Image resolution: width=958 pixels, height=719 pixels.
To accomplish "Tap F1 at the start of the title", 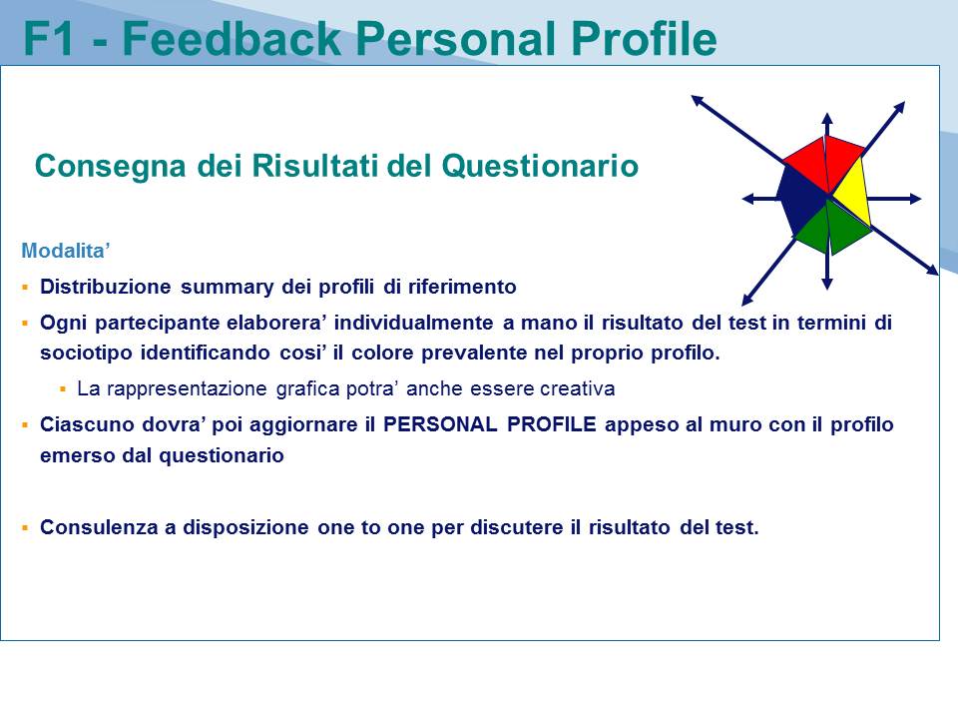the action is pyautogui.click(x=49, y=39).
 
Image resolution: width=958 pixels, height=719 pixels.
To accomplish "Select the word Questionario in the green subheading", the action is pyautogui.click(x=540, y=166).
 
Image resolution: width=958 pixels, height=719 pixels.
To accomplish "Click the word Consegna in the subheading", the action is pyautogui.click(x=110, y=167).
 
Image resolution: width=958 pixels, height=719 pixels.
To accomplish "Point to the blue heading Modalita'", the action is pyautogui.click(x=66, y=251).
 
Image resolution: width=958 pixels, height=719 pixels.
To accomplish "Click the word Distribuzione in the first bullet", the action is pyautogui.click(x=106, y=287).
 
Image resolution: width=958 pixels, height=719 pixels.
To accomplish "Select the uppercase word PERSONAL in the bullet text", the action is pyautogui.click(x=440, y=424).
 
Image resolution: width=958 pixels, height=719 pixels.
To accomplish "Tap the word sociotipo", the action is pyautogui.click(x=86, y=354).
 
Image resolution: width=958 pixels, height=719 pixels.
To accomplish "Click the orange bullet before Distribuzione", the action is pyautogui.click(x=25, y=287).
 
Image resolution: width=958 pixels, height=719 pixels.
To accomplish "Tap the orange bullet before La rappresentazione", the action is pyautogui.click(x=62, y=388).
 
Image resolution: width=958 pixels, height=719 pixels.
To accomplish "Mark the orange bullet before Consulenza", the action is pyautogui.click(x=25, y=527).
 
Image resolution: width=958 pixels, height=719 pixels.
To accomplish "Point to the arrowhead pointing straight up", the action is pyautogui.click(x=827, y=118).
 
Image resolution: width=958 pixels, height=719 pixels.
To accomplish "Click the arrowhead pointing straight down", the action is pyautogui.click(x=827, y=283).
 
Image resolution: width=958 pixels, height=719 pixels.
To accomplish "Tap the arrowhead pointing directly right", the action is pyautogui.click(x=915, y=199).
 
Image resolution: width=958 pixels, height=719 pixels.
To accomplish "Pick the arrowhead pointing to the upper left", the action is pyautogui.click(x=698, y=100).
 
